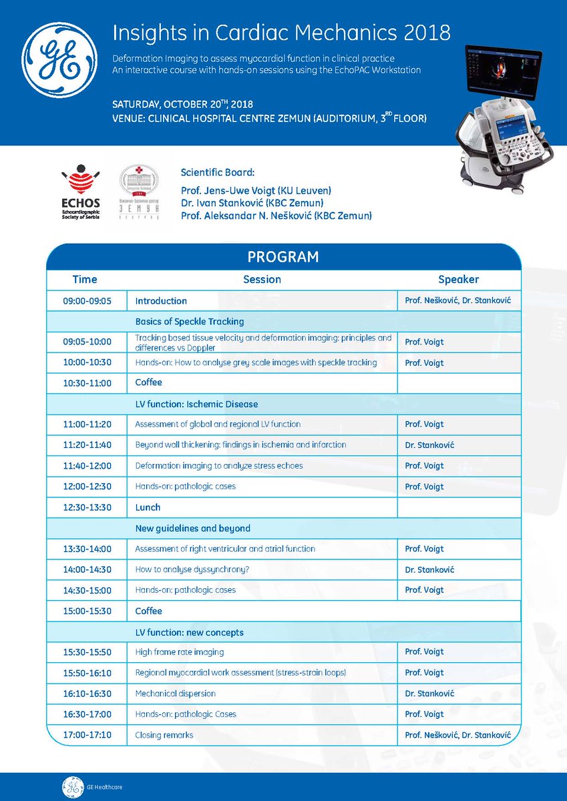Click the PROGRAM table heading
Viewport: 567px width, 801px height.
coord(283,257)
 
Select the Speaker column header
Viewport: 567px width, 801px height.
coord(458,279)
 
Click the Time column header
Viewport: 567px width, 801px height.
coord(85,279)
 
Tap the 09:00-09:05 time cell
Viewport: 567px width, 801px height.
coord(87,301)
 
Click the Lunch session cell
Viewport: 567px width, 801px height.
coord(148,507)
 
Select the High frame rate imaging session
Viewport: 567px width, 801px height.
coord(180,651)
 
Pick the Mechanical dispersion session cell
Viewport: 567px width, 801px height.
coord(176,693)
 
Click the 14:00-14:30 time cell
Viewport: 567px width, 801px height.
coord(87,569)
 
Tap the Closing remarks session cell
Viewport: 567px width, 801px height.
coord(164,735)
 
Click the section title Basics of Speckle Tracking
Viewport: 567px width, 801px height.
coord(189,321)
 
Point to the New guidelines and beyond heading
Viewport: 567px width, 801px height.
coord(193,528)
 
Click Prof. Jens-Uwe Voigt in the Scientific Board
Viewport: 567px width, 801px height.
coord(256,191)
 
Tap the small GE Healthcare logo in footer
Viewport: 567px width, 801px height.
coord(71,787)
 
